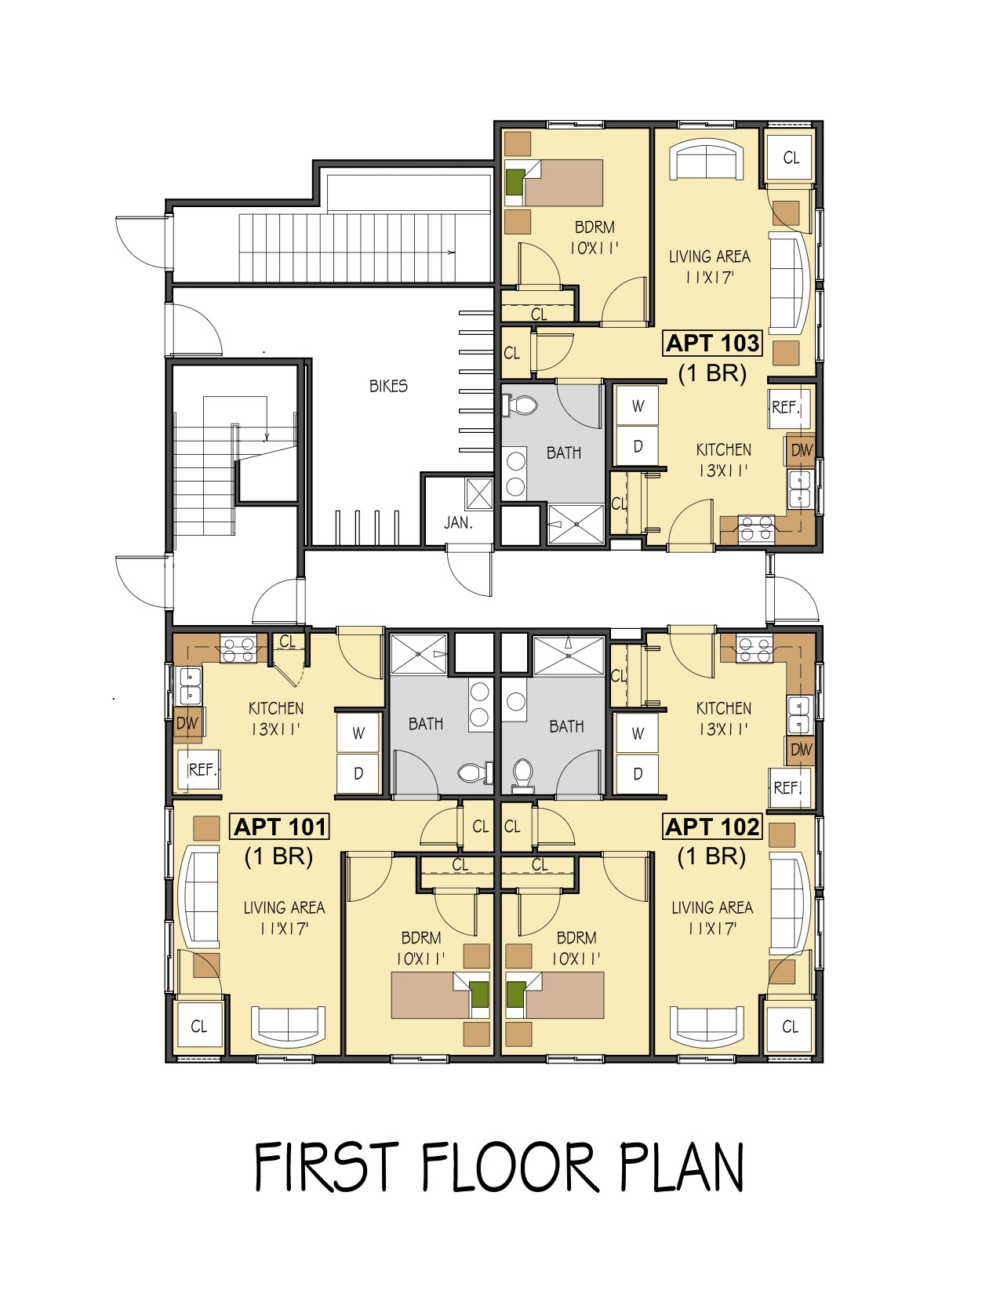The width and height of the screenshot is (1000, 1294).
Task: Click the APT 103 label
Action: coord(712,343)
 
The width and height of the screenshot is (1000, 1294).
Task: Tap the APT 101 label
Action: coord(280,827)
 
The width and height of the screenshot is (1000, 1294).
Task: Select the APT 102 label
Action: coord(712,827)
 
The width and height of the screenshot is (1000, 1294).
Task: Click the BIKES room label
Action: coord(388,387)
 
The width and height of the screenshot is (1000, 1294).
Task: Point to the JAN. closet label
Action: coord(458,523)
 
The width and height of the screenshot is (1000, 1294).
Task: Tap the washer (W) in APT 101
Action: coord(358,733)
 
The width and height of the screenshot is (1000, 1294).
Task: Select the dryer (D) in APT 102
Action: coord(638,773)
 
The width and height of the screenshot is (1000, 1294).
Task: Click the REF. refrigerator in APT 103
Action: coord(786,409)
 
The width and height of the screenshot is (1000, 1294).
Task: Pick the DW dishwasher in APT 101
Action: coord(187,724)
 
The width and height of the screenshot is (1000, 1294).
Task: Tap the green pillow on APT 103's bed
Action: coord(515,183)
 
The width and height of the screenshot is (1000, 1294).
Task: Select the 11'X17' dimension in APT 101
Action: coord(284,929)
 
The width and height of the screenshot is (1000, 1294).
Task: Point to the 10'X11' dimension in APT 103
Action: coord(595,249)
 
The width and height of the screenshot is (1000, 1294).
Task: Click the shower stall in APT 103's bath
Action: coord(576,524)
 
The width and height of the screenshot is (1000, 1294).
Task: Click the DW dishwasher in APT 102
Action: coord(801,750)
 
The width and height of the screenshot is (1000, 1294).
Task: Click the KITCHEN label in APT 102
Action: coord(724,709)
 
